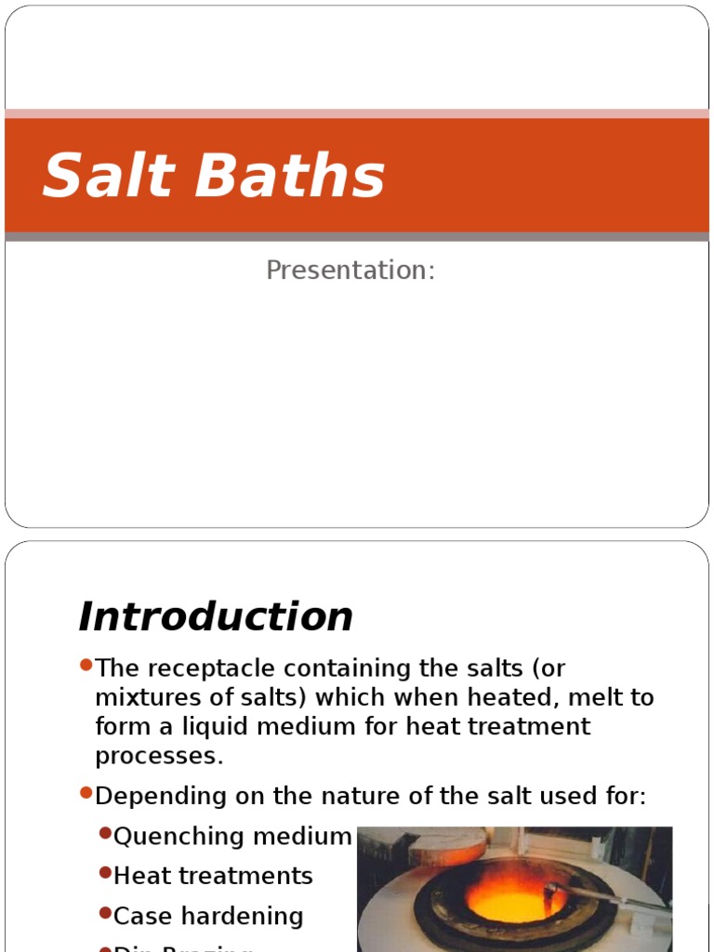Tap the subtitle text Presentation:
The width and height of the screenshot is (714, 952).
[x=350, y=271]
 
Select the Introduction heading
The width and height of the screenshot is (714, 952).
[x=216, y=616]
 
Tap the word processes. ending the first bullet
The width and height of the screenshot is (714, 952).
[x=159, y=755]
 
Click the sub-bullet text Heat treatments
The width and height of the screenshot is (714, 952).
[x=213, y=876]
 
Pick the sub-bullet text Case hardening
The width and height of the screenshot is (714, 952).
[x=208, y=916]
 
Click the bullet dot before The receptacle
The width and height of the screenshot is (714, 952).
[x=86, y=665]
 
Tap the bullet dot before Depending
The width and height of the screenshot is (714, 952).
[x=86, y=792]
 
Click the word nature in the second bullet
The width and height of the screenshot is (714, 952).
[x=342, y=796]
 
